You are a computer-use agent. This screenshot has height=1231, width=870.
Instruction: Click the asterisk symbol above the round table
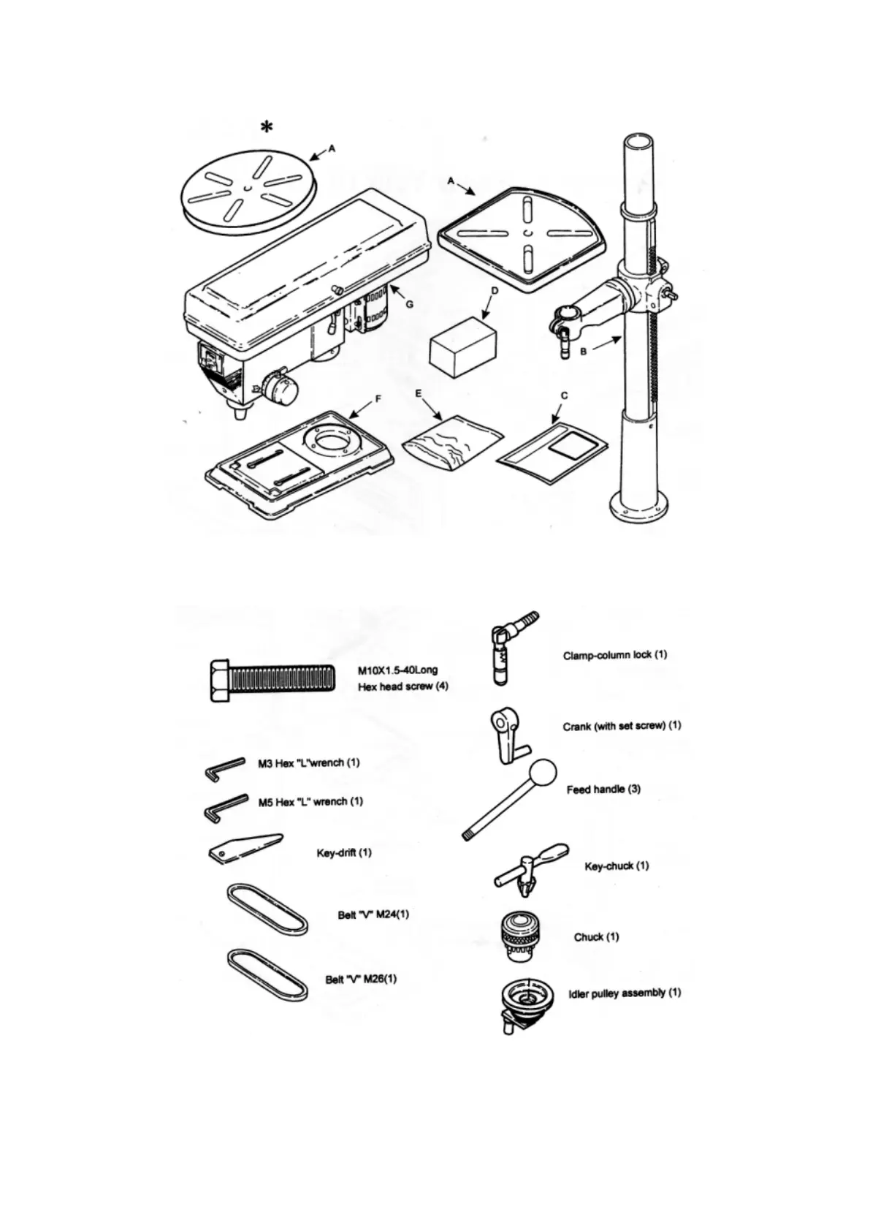point(267,127)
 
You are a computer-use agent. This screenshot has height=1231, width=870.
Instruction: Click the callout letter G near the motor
point(409,303)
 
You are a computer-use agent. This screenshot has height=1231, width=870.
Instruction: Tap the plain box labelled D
point(463,349)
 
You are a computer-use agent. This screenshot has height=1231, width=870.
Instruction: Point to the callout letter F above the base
point(378,399)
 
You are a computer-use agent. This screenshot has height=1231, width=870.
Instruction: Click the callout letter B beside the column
point(584,352)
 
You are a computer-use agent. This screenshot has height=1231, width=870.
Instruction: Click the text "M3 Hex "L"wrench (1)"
point(309,763)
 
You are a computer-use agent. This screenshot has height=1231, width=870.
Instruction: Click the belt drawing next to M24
point(267,909)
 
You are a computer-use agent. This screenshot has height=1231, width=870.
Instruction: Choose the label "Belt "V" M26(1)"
point(361,980)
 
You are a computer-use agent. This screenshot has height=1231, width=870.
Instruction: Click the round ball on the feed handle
point(541,773)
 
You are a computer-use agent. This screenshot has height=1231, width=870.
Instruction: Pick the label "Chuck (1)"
point(596,937)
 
